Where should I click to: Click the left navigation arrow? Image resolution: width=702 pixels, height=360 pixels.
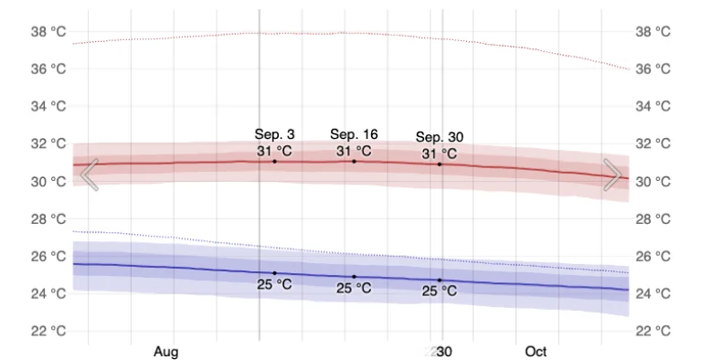[x=89, y=175]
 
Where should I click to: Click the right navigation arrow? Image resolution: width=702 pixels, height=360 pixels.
[x=612, y=175]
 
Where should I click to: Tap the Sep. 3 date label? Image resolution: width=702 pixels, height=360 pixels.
[x=274, y=134]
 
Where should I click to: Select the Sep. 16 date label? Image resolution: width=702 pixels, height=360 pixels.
[x=354, y=134]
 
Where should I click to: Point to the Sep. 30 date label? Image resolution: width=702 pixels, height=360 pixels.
[x=441, y=137]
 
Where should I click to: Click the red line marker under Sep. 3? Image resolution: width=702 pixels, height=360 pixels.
[x=274, y=162]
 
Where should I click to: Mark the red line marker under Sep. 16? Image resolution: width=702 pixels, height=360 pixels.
[x=354, y=162]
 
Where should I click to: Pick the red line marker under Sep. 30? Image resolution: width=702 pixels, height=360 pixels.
[x=440, y=164]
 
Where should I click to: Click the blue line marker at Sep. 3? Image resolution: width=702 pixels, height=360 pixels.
[x=274, y=273]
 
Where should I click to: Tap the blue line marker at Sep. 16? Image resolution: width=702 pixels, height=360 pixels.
[x=354, y=277]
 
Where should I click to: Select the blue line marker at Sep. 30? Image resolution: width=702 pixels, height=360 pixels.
[x=440, y=281]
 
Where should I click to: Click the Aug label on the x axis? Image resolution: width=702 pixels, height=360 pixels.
[x=165, y=352]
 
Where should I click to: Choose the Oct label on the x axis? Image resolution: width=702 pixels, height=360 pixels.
[x=536, y=352]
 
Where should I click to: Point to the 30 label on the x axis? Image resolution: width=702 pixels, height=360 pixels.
[x=443, y=352]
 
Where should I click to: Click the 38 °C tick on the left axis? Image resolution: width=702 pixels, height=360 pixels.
[x=48, y=32]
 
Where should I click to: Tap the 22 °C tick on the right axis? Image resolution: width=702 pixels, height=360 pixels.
[x=654, y=331]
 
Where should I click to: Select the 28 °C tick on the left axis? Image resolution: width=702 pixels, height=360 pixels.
[x=48, y=218]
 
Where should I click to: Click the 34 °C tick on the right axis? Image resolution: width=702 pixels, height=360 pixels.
[x=654, y=107]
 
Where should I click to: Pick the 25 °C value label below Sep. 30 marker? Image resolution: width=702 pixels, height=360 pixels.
[x=440, y=292]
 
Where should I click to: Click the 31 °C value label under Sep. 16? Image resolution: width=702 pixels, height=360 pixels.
[x=354, y=151]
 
